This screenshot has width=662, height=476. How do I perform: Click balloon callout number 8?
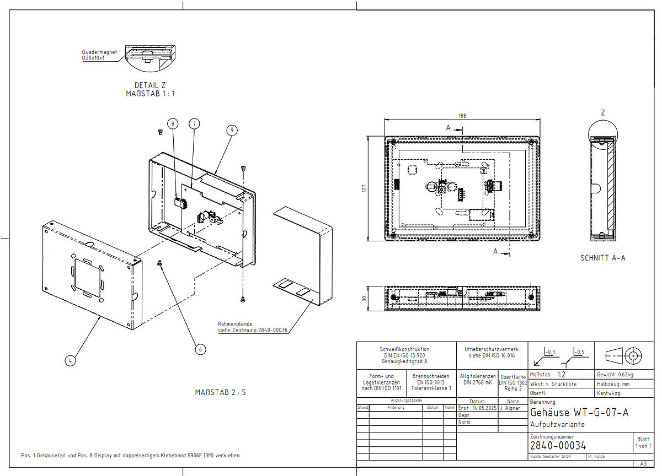click(173, 124)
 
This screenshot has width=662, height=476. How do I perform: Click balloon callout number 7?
click(194, 124)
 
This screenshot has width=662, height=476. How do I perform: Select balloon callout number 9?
click(232, 130)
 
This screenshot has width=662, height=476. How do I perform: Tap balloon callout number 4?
click(70, 360)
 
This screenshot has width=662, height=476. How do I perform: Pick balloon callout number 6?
click(200, 349)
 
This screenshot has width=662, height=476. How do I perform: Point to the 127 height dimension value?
click(365, 188)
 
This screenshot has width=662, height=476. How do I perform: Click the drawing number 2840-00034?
click(558, 446)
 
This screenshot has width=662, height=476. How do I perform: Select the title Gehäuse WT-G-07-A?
click(579, 413)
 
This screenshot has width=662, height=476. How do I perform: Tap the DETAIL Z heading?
click(150, 85)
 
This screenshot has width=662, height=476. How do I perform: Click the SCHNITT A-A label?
click(602, 257)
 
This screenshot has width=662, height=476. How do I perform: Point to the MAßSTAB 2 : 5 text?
click(220, 392)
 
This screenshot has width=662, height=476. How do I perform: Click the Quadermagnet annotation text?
click(99, 52)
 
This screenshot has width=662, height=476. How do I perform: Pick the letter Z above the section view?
click(602, 112)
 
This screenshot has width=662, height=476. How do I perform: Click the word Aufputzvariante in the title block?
click(557, 425)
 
